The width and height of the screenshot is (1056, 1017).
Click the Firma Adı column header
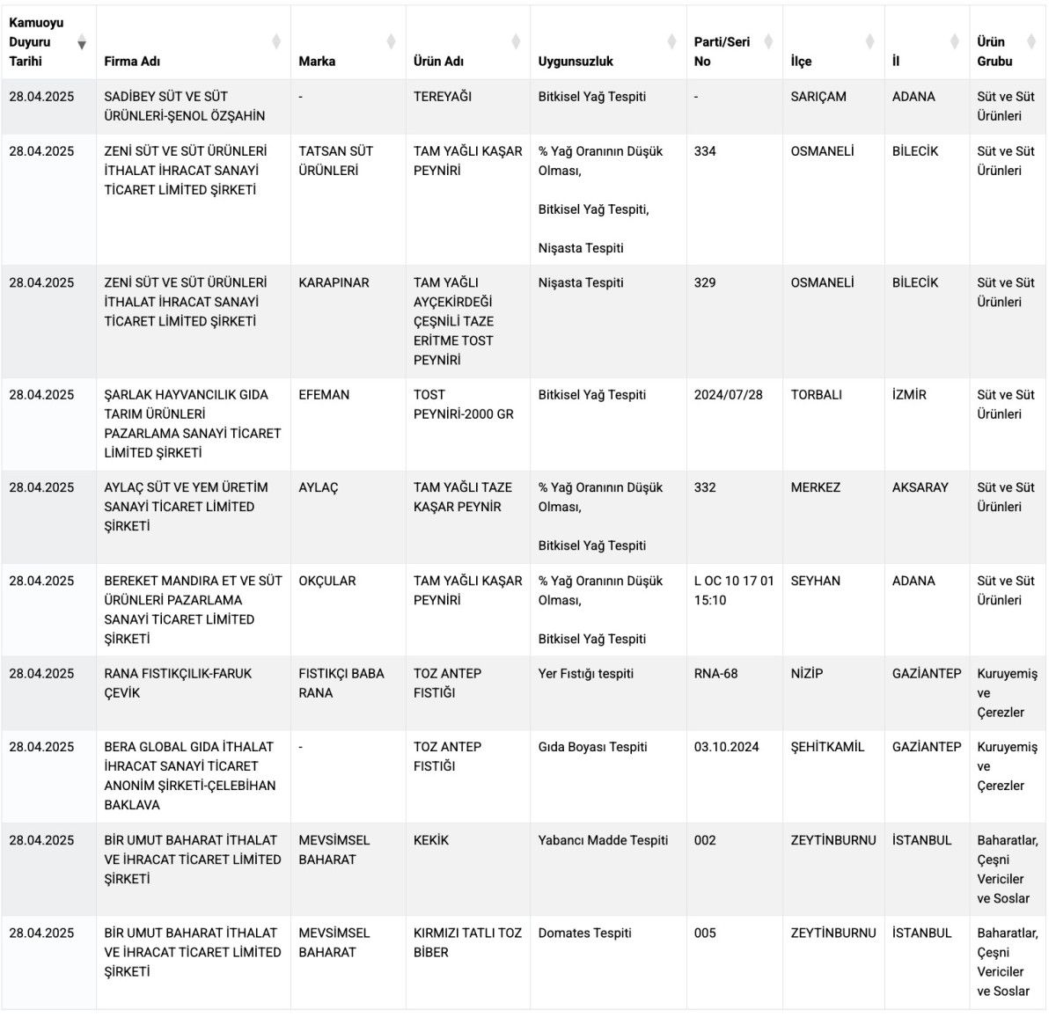132,62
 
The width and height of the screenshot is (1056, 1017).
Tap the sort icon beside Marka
392,41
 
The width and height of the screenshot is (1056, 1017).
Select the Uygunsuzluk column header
576,62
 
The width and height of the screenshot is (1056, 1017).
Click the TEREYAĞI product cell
443,97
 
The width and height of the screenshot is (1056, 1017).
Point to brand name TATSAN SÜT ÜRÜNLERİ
335,161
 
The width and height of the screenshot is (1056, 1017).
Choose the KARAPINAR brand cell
334,282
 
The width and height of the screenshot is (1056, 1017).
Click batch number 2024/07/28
728,395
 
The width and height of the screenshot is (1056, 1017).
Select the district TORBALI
816,395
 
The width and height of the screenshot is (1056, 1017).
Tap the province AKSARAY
920,487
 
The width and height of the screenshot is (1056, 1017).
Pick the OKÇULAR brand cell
327,581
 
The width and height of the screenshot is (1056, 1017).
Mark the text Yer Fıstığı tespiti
585,674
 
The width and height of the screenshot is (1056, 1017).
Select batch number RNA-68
715,674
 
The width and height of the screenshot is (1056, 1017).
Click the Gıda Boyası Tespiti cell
592,747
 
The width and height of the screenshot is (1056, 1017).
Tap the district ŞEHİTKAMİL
827,747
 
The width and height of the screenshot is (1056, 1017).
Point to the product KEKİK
431,840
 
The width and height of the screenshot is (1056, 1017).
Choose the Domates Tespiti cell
584,933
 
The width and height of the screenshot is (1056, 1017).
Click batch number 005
705,933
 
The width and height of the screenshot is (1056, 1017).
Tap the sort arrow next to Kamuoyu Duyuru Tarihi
82,43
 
